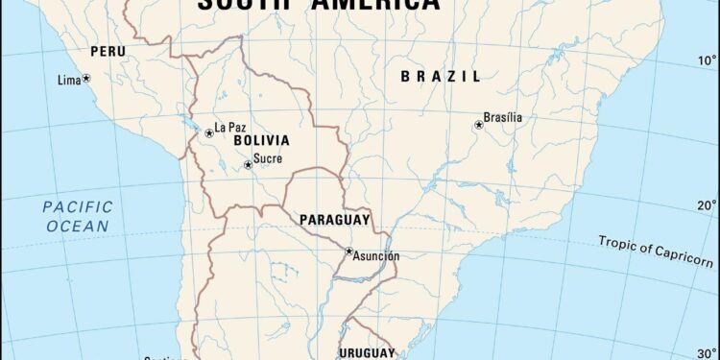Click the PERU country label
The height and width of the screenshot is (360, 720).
(108, 51)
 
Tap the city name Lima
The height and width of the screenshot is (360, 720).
(69, 80)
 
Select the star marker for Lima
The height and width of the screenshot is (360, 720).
(86, 78)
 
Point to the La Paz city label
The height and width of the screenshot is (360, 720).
(231, 127)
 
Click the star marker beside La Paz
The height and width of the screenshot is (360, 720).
(209, 132)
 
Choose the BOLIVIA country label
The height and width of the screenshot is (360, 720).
(262, 140)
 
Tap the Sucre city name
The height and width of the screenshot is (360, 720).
(268, 158)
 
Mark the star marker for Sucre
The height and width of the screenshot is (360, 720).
(248, 164)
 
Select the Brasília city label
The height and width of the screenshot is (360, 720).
(503, 117)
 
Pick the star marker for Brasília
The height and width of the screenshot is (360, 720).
(479, 125)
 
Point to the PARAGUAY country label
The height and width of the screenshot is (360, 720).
(334, 220)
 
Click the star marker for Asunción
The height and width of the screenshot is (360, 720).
(349, 252)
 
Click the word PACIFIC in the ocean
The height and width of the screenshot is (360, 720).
(77, 206)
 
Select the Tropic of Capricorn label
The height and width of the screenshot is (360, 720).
(656, 251)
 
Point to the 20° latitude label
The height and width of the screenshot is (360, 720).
(706, 204)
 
